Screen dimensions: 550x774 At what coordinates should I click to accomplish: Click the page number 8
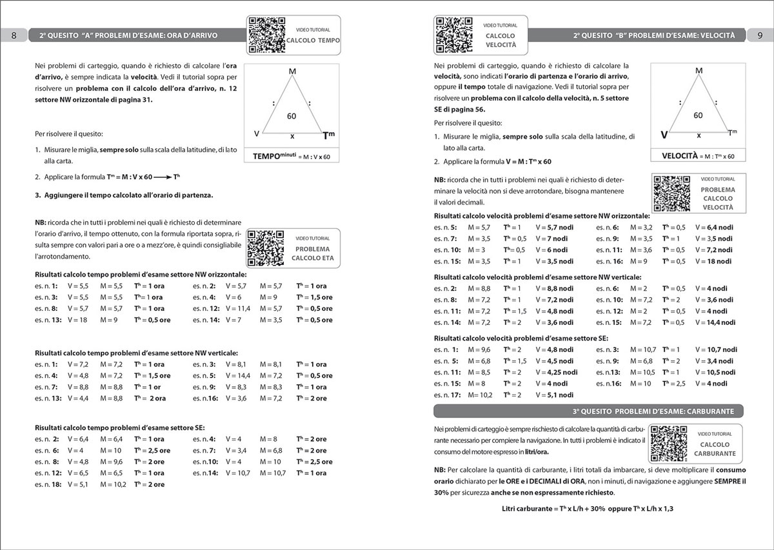[14, 35]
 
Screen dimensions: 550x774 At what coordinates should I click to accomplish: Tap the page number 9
[759, 35]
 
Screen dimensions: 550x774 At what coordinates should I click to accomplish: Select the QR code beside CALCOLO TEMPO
[266, 34]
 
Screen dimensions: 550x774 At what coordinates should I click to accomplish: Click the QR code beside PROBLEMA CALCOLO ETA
[266, 248]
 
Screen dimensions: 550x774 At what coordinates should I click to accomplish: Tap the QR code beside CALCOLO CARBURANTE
[669, 444]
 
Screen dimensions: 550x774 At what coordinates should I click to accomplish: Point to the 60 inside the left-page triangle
[292, 116]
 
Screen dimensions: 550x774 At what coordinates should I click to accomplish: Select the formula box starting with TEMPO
[292, 156]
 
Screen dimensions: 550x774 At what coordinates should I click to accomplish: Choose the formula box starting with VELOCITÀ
[698, 156]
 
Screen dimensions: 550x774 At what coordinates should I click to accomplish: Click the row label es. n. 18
[47, 484]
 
